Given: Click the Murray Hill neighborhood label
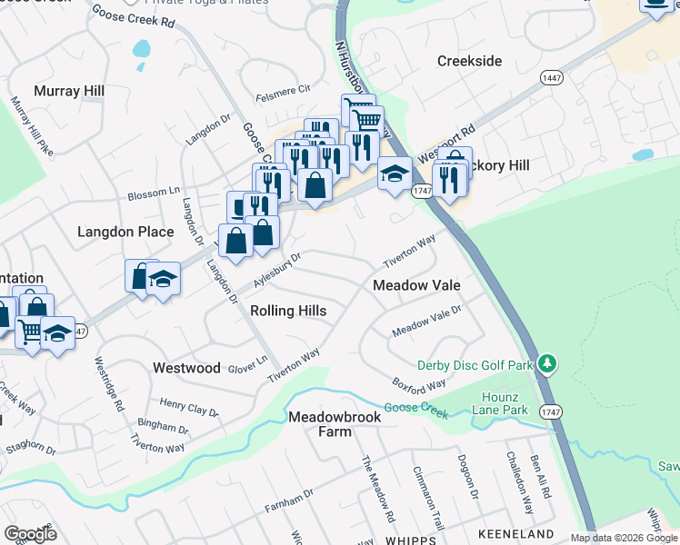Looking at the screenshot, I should [x=69, y=91].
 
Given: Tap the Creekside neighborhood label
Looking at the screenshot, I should [x=469, y=61].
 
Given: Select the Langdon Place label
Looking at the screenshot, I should [x=125, y=232].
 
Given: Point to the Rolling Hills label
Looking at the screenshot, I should [x=287, y=311].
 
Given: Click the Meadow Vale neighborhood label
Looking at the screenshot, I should [x=417, y=285].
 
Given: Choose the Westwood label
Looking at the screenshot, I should [x=186, y=368].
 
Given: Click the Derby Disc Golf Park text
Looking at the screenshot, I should [x=474, y=365].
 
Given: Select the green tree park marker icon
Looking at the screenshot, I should [x=546, y=364].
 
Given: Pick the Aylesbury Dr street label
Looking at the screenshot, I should [x=276, y=271].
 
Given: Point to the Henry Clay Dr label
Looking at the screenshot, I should [x=189, y=406].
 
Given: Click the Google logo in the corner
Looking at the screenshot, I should [x=30, y=533].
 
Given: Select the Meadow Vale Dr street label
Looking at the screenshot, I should [x=426, y=321].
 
